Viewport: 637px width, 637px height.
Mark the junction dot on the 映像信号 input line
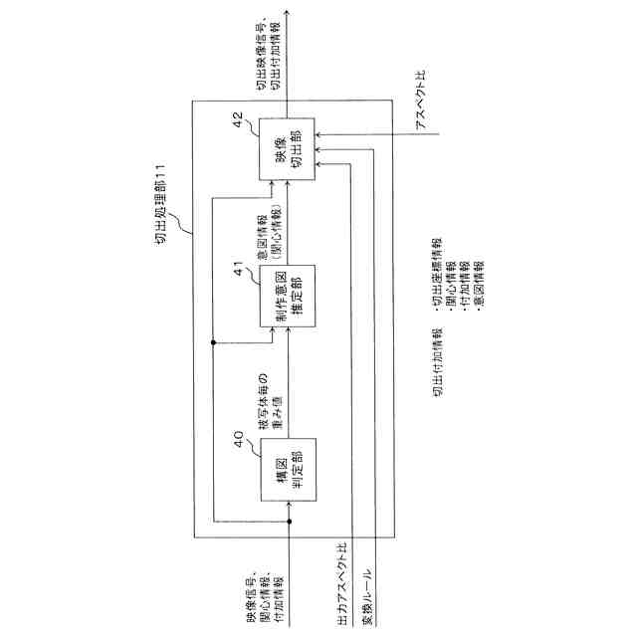point(289,522)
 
